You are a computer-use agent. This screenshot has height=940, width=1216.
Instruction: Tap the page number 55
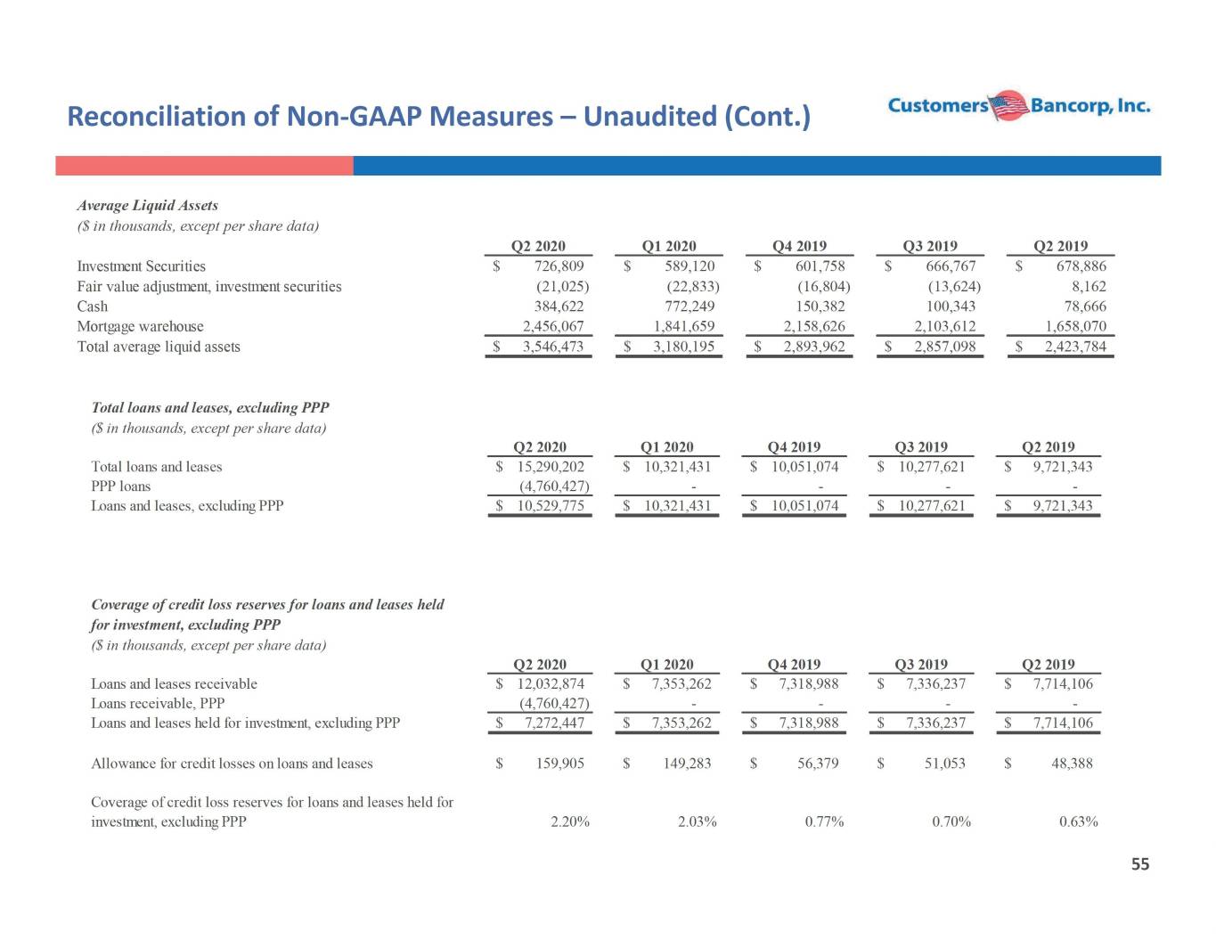tap(1140, 864)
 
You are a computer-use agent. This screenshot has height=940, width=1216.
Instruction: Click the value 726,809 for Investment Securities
tap(559, 266)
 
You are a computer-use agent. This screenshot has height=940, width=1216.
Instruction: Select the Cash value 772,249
tap(690, 307)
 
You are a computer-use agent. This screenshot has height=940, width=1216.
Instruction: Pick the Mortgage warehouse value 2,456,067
tap(553, 325)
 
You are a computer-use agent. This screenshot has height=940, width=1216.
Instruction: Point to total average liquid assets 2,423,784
tap(1075, 347)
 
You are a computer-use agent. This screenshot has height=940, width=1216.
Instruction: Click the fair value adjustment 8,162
tap(1089, 286)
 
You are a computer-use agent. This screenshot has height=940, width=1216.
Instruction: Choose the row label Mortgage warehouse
tap(140, 326)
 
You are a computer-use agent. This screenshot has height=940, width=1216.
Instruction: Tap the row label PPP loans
tap(121, 486)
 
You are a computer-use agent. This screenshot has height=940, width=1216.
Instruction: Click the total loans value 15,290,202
tap(551, 466)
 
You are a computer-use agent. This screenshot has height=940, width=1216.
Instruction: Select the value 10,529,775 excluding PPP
tap(551, 505)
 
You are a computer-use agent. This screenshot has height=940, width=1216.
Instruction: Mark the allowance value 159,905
tap(559, 764)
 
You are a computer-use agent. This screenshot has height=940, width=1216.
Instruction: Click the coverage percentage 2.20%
tap(569, 821)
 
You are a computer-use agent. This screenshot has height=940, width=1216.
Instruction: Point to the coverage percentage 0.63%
tap(1078, 821)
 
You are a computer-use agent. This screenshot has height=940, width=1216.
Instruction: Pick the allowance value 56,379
tap(818, 764)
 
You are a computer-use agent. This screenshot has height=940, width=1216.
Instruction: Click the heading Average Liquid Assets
tap(148, 205)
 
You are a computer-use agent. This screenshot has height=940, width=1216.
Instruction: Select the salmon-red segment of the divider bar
tap(204, 166)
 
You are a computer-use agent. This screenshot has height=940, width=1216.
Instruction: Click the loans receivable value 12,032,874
tap(551, 683)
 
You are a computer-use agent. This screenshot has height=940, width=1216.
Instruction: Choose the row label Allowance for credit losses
tap(232, 764)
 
